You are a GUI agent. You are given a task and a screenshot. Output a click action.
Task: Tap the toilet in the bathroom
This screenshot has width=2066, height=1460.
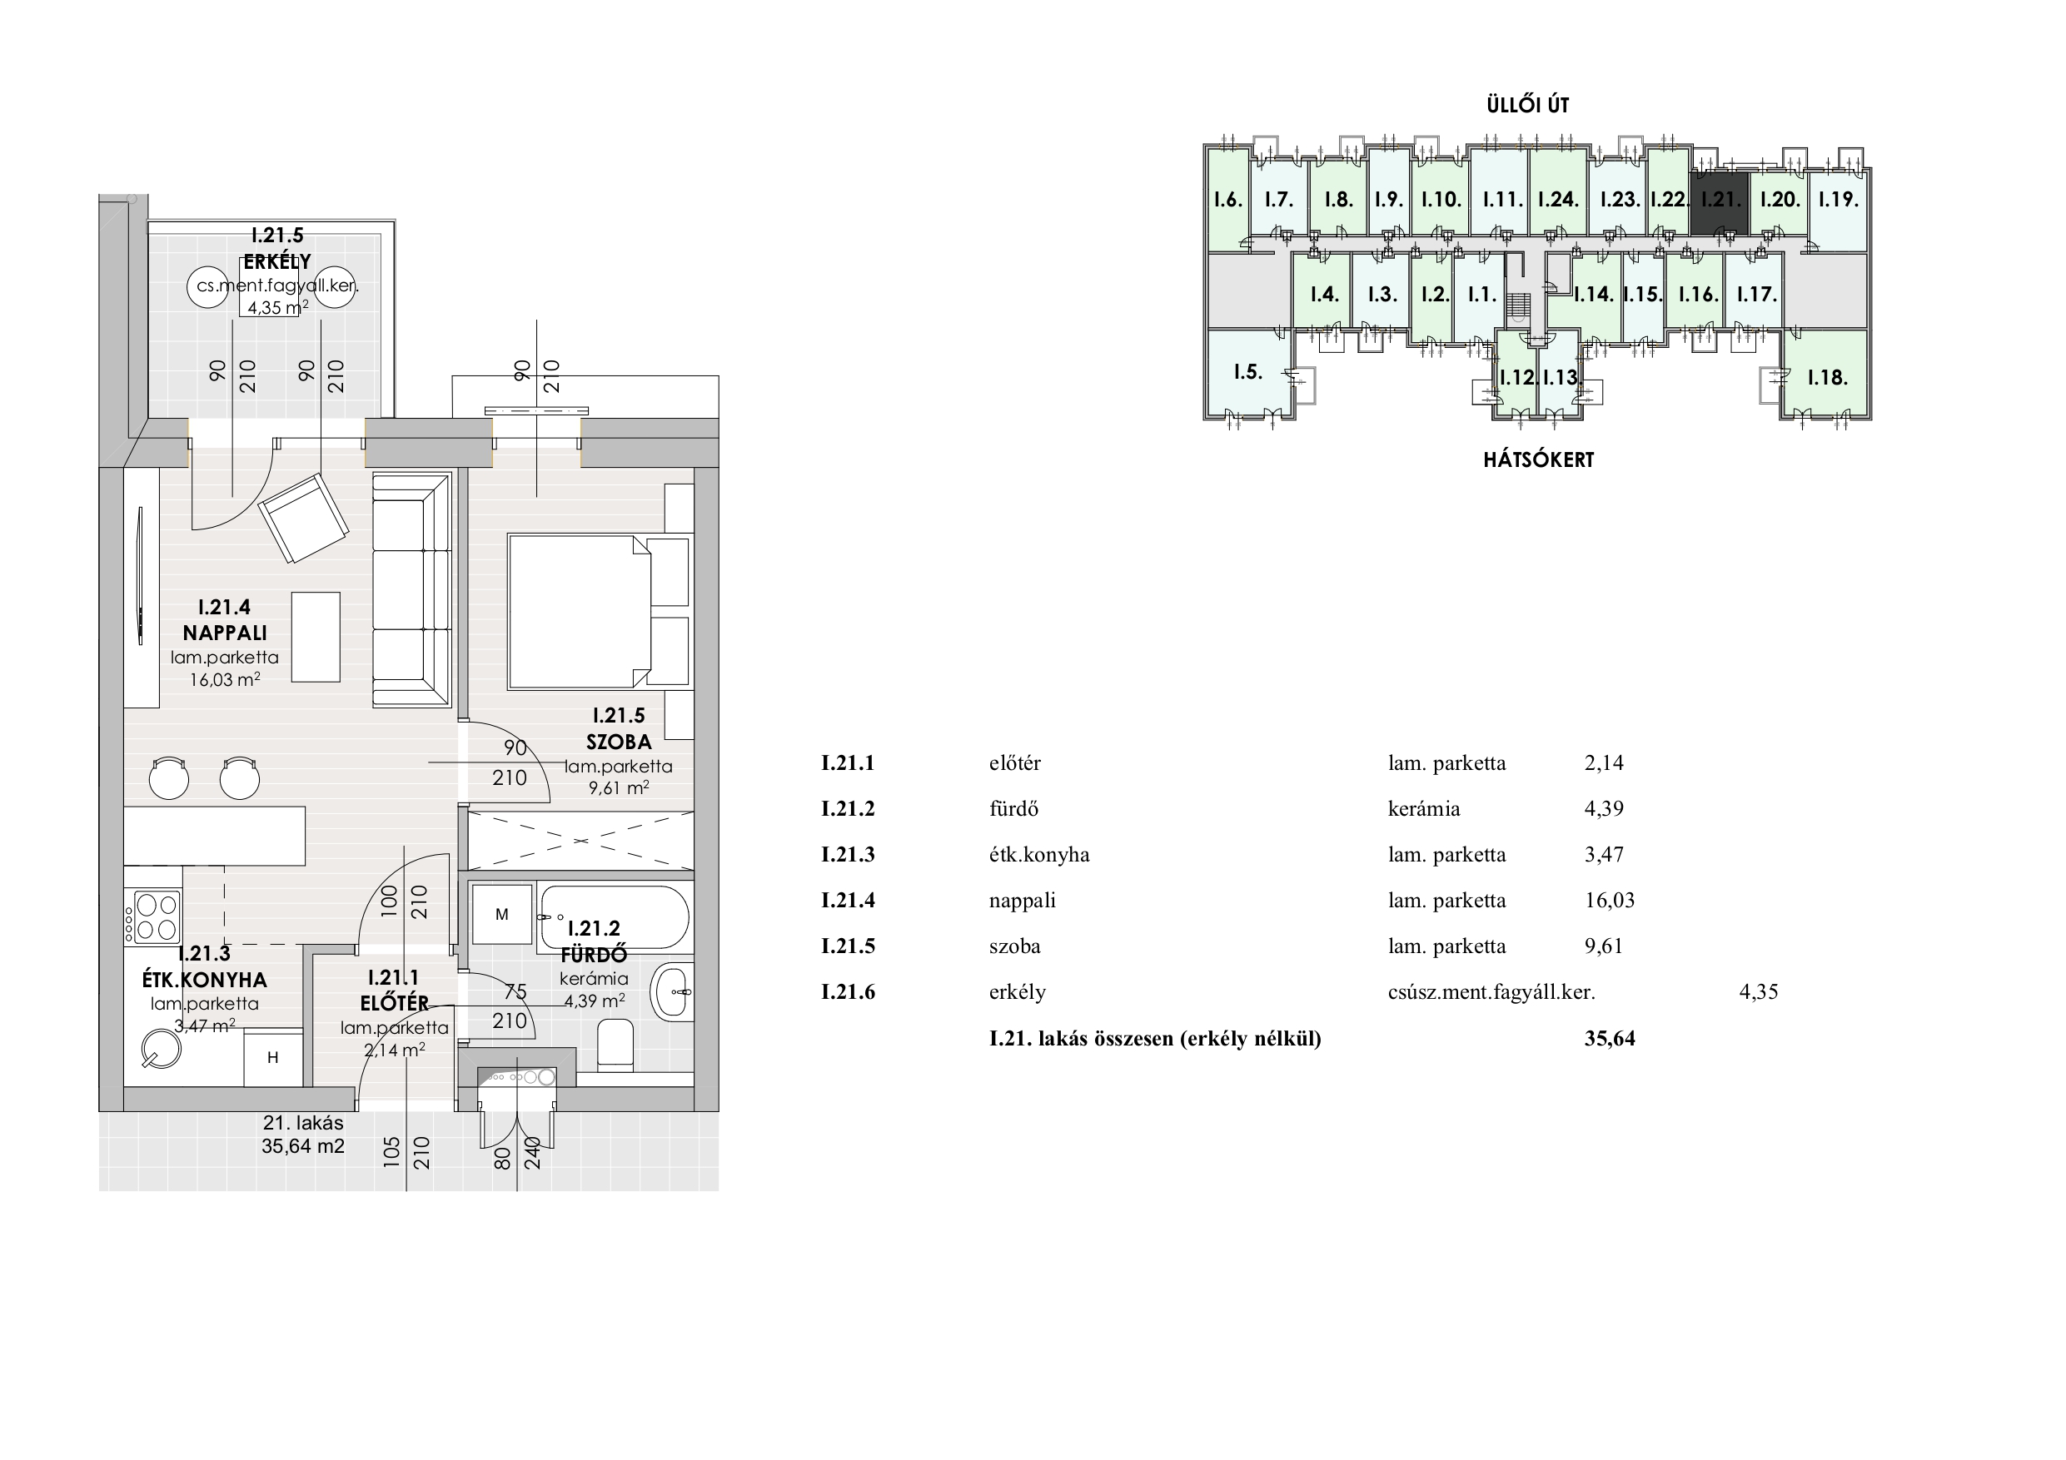(x=616, y=1045)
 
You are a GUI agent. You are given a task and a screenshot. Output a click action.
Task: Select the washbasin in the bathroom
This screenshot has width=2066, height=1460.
(x=672, y=991)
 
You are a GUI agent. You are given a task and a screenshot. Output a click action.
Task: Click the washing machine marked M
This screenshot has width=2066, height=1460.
(x=502, y=915)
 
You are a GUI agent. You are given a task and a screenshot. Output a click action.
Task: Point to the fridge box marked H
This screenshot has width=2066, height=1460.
(x=272, y=1058)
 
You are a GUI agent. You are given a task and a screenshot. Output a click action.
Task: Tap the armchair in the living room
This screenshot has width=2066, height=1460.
(x=304, y=518)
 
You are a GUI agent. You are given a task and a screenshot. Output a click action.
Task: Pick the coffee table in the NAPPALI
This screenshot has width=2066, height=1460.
(x=315, y=637)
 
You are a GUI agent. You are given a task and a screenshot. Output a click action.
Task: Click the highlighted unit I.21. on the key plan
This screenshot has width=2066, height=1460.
(x=1720, y=201)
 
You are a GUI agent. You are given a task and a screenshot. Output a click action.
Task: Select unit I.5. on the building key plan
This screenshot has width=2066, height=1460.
(x=1248, y=371)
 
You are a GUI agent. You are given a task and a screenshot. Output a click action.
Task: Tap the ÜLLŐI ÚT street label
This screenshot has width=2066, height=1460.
(x=1528, y=104)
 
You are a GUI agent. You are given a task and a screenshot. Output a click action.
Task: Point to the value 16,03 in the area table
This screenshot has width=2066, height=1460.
(x=1610, y=900)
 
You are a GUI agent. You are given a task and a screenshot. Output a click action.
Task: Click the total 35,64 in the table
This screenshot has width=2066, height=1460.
(x=1610, y=1038)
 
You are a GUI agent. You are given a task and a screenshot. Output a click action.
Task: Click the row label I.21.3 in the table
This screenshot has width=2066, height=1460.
(x=848, y=854)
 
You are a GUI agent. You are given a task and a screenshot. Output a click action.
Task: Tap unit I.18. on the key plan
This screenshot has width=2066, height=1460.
(x=1828, y=377)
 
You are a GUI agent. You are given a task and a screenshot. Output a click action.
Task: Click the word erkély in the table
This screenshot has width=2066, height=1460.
(x=1018, y=992)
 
